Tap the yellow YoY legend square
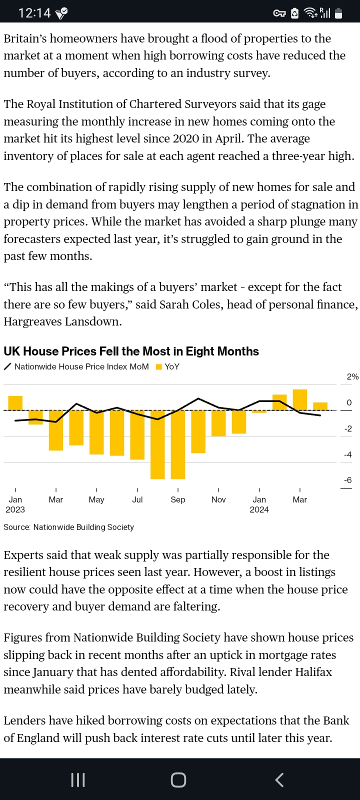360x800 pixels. pos(159,367)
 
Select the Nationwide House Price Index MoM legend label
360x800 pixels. pos(81,367)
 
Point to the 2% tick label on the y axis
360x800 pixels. pos(352,377)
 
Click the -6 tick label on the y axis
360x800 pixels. pos(347,480)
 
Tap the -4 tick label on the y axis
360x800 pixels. pos(347,454)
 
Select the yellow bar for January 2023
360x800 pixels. pos(15,403)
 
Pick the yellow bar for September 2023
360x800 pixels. pos(178,444)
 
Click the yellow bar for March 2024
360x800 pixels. pos(299,399)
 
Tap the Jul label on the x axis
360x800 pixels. pos(137,499)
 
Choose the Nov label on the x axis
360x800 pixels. pos(218,499)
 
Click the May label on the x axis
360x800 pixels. pos(96,499)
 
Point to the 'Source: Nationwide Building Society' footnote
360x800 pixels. pos(68,527)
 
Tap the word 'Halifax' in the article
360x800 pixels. pos(313,672)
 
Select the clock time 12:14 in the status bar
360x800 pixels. pos(34,13)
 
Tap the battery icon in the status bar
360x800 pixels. pos(338,13)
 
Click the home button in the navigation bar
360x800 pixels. pos(178,780)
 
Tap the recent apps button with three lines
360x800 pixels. pos(78,780)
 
